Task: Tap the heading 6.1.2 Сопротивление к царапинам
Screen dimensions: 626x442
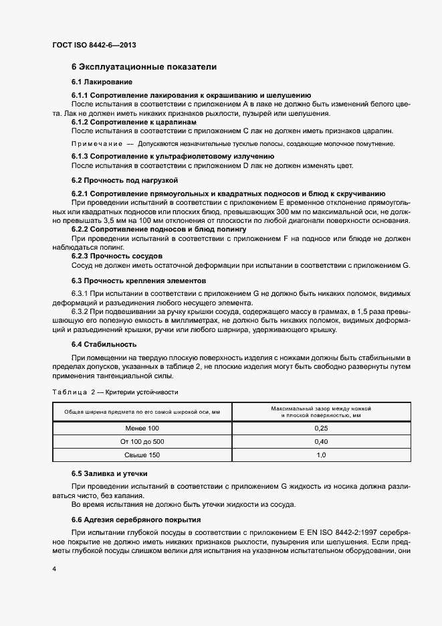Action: point(134,123)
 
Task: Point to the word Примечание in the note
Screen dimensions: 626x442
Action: point(96,144)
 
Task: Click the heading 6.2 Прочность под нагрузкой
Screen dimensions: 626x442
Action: point(124,180)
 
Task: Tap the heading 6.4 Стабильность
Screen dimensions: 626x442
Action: point(104,344)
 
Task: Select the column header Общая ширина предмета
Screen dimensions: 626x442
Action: point(142,412)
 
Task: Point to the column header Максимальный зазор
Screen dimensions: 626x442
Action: point(320,412)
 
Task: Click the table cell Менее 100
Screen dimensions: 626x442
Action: point(142,428)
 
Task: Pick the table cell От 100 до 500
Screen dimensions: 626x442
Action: point(142,442)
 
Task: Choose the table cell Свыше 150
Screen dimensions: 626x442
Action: point(142,455)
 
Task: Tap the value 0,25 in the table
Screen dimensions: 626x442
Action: point(320,428)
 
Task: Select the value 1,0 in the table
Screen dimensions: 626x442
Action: point(320,455)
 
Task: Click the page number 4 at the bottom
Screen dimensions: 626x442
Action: point(53,568)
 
